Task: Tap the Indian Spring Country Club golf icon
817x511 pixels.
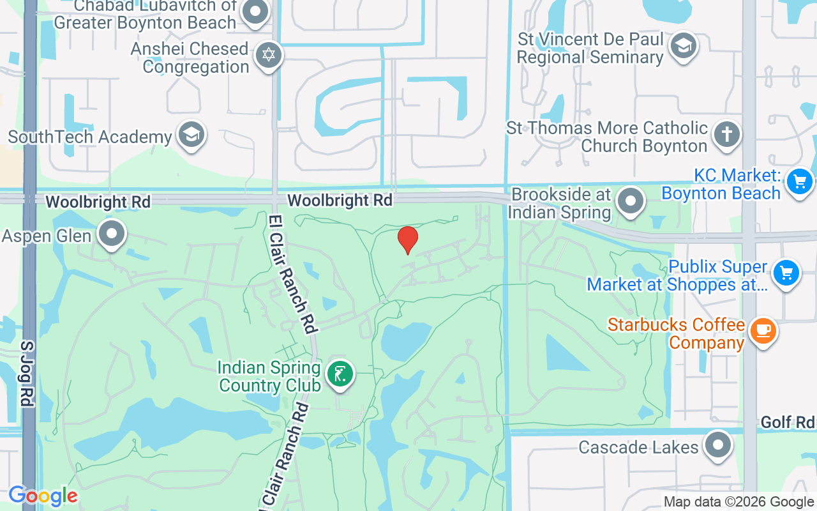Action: (340, 374)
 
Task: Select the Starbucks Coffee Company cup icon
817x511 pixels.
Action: (763, 331)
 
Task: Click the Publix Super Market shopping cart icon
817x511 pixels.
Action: (786, 273)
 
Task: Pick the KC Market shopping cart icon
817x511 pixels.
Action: (800, 182)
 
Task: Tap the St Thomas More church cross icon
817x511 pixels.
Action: (726, 135)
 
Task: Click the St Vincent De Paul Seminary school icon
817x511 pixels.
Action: (684, 46)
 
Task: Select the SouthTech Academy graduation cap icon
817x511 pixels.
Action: (191, 135)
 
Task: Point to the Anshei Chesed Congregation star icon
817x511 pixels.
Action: (269, 55)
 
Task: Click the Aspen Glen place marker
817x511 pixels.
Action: (113, 234)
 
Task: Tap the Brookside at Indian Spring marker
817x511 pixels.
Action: (631, 201)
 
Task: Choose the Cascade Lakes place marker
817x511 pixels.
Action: (718, 445)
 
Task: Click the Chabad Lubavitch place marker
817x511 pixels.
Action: (256, 12)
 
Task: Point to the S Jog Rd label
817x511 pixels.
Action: (26, 374)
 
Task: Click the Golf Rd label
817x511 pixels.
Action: (788, 422)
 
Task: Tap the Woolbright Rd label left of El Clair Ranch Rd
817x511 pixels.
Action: (98, 202)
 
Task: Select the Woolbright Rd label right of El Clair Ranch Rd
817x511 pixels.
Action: (340, 201)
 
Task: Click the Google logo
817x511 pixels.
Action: (43, 496)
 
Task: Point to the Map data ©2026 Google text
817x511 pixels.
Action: (738, 502)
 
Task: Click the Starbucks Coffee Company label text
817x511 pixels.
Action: (676, 333)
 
